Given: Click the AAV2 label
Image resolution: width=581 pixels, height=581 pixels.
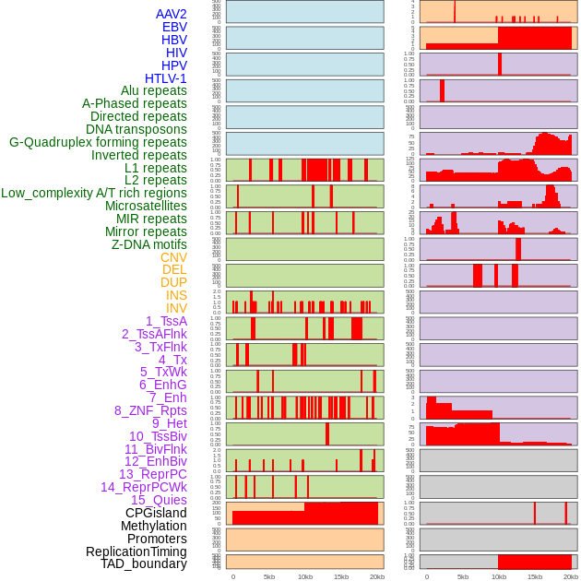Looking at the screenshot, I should click(x=171, y=14).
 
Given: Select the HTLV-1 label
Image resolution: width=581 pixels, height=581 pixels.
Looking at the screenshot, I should click(x=165, y=78).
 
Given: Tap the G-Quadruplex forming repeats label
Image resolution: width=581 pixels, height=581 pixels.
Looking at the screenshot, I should click(x=98, y=142).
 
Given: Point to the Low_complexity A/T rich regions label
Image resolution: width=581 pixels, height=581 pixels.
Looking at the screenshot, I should click(x=94, y=193).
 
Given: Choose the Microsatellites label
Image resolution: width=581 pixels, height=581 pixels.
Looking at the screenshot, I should click(x=146, y=206).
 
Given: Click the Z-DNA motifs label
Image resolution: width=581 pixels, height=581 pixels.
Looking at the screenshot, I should click(x=148, y=244).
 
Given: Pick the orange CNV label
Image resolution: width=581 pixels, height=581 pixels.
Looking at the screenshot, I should click(x=173, y=257).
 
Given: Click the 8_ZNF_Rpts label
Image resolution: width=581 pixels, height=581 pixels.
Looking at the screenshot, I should click(x=150, y=410).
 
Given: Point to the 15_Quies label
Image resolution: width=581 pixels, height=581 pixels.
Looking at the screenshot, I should click(x=159, y=500).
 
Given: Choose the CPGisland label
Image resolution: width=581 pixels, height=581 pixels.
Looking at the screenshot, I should click(x=156, y=513).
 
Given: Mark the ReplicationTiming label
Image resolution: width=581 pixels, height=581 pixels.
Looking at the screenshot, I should click(x=136, y=551).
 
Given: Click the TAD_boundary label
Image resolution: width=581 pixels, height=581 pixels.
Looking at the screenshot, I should click(x=144, y=563).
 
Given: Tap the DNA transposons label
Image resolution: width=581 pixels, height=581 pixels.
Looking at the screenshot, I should click(x=136, y=129).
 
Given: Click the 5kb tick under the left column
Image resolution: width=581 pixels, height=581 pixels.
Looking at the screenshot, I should click(x=269, y=576).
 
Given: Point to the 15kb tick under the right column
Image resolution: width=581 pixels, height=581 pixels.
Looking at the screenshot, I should click(x=535, y=576).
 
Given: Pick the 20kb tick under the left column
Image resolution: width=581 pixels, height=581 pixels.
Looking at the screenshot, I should click(x=377, y=576).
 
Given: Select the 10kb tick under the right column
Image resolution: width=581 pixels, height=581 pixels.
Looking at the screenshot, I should click(x=499, y=576).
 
